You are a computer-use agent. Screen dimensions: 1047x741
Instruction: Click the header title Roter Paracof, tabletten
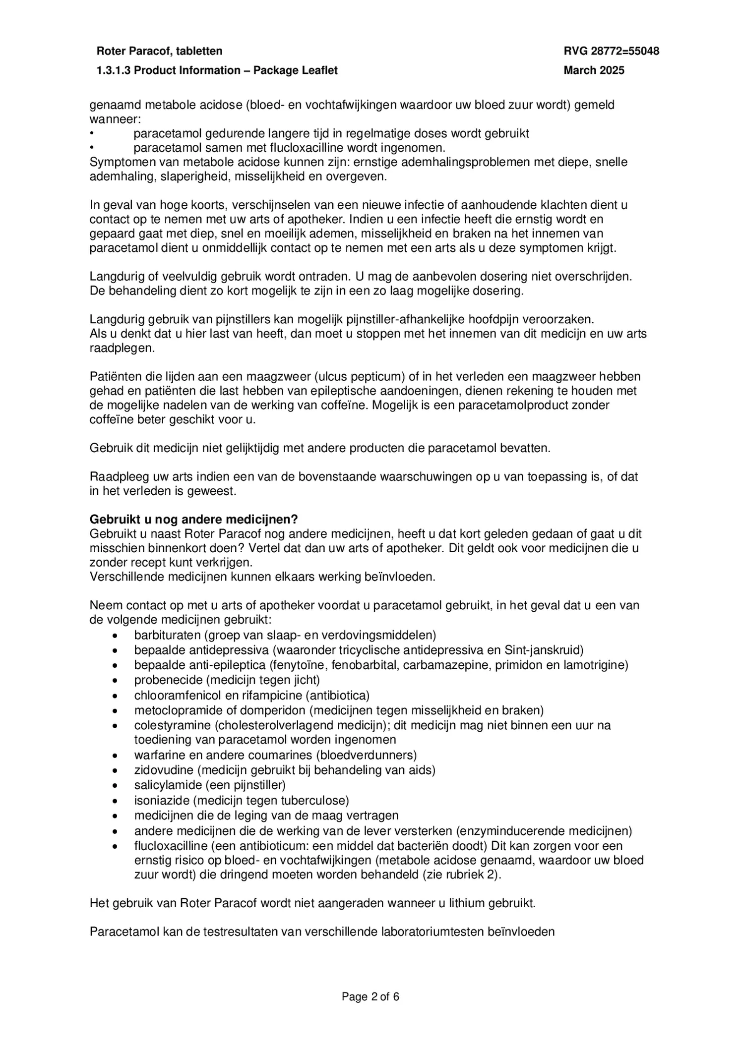[159, 51]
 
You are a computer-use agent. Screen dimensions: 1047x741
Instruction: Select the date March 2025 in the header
[594, 70]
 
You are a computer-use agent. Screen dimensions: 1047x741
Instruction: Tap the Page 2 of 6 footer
[370, 996]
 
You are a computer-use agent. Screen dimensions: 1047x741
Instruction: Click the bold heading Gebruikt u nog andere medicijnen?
[193, 520]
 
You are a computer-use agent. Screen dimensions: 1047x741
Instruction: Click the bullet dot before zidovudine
[115, 770]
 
